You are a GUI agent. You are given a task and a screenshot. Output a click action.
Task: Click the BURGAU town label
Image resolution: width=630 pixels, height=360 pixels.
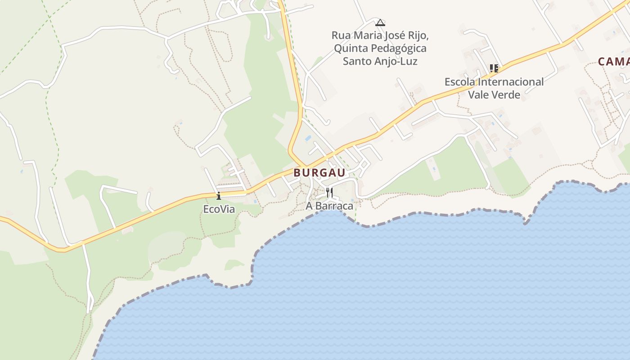pyautogui.click(x=319, y=173)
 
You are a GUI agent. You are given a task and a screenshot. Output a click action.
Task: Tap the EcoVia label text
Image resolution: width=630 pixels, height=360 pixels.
pyautogui.click(x=219, y=209)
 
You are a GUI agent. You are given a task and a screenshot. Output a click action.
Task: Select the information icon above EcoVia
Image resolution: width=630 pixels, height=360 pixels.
pyautogui.click(x=219, y=196)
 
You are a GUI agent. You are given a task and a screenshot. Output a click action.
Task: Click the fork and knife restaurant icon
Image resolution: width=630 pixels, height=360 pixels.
pyautogui.click(x=329, y=193)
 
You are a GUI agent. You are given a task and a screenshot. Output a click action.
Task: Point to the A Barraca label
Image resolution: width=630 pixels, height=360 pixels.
pyautogui.click(x=329, y=206)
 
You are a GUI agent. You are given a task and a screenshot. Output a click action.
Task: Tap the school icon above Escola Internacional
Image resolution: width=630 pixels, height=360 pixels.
pyautogui.click(x=494, y=68)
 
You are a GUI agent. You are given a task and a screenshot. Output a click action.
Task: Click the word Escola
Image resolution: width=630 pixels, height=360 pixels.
pyautogui.click(x=459, y=82)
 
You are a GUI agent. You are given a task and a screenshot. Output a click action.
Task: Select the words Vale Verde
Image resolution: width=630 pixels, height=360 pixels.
pyautogui.click(x=494, y=94)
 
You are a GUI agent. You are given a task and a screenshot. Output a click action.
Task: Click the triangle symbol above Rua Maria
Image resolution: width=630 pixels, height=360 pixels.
pyautogui.click(x=380, y=22)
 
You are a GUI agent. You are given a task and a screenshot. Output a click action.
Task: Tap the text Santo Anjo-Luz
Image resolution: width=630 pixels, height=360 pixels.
pyautogui.click(x=380, y=61)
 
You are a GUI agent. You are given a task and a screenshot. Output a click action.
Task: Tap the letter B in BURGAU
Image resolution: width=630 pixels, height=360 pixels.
pyautogui.click(x=297, y=173)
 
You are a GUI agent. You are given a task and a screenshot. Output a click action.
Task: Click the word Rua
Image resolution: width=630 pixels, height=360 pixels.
pyautogui.click(x=341, y=35)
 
